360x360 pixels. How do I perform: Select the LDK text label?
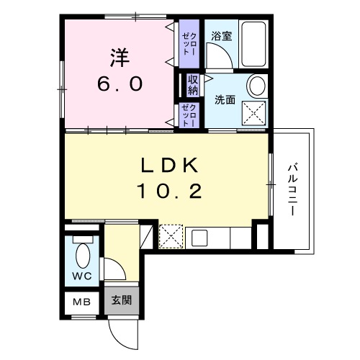coord(169,165)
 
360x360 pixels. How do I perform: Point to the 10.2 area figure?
coord(169,192)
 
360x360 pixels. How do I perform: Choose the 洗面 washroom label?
coord(225,100)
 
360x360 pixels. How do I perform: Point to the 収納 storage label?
coord(193,84)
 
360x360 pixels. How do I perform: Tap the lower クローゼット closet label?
coord(188,115)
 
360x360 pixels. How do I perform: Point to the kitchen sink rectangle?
coord(199,237)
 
